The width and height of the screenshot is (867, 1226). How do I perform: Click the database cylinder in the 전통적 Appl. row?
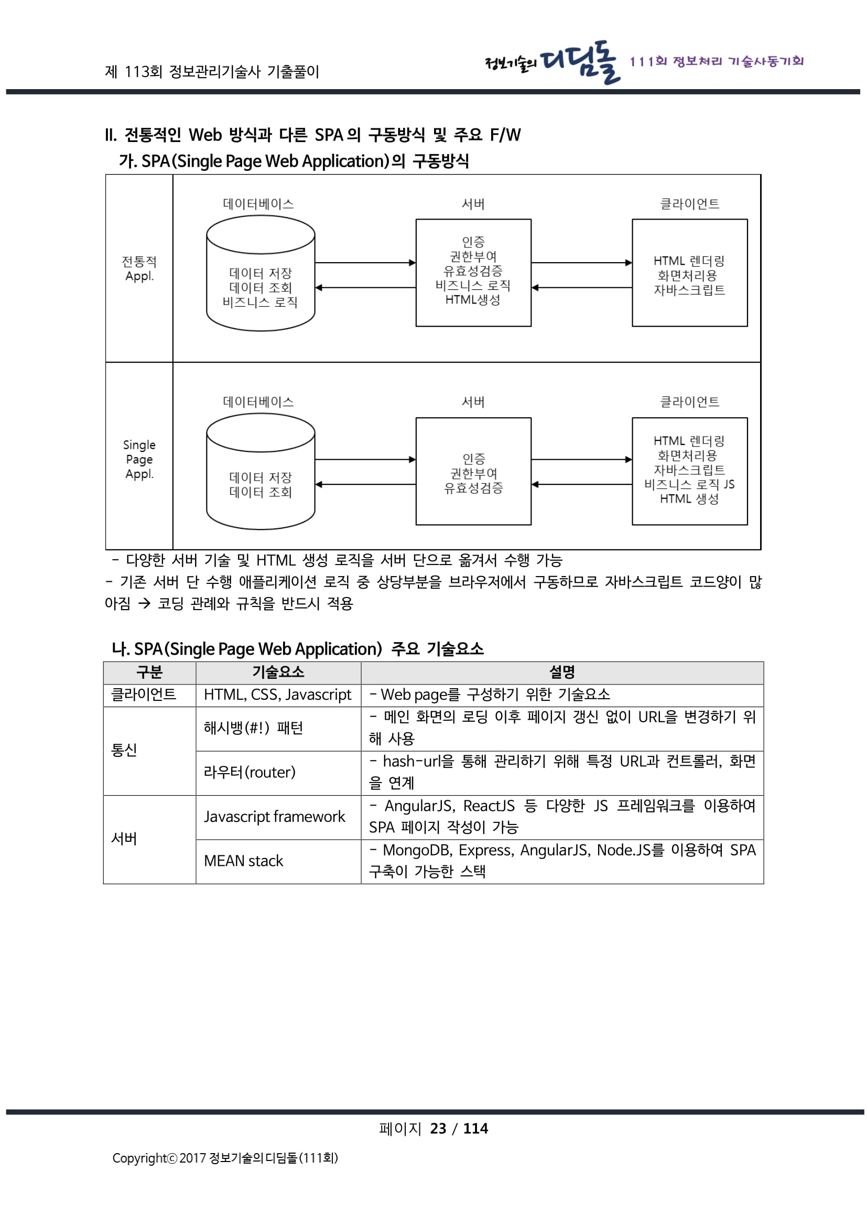coord(261,274)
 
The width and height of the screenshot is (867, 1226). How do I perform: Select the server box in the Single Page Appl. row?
coord(473,471)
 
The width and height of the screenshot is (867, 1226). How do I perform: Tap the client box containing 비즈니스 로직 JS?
coord(689,471)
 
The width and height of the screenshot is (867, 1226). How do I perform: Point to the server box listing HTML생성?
coord(473,273)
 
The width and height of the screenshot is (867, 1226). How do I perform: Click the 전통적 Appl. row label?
coord(139,268)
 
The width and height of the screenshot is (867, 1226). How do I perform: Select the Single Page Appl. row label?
coord(139,459)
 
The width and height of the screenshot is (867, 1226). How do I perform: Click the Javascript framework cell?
coord(274,817)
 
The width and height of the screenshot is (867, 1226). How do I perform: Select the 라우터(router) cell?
coord(250,772)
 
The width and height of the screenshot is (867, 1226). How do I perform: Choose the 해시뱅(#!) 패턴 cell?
coord(253,728)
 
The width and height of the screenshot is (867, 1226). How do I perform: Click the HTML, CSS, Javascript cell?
coord(278,695)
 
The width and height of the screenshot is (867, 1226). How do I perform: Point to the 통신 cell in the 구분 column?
coord(124,750)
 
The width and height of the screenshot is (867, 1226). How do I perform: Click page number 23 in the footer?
coord(438,1129)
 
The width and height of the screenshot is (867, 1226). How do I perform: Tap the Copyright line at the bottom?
coord(225,1158)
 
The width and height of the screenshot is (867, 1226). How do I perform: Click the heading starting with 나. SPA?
coord(297,649)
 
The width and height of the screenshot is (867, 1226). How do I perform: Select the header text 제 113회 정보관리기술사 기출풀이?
coord(212,72)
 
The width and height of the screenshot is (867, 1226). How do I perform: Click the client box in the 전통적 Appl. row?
coord(689,273)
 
